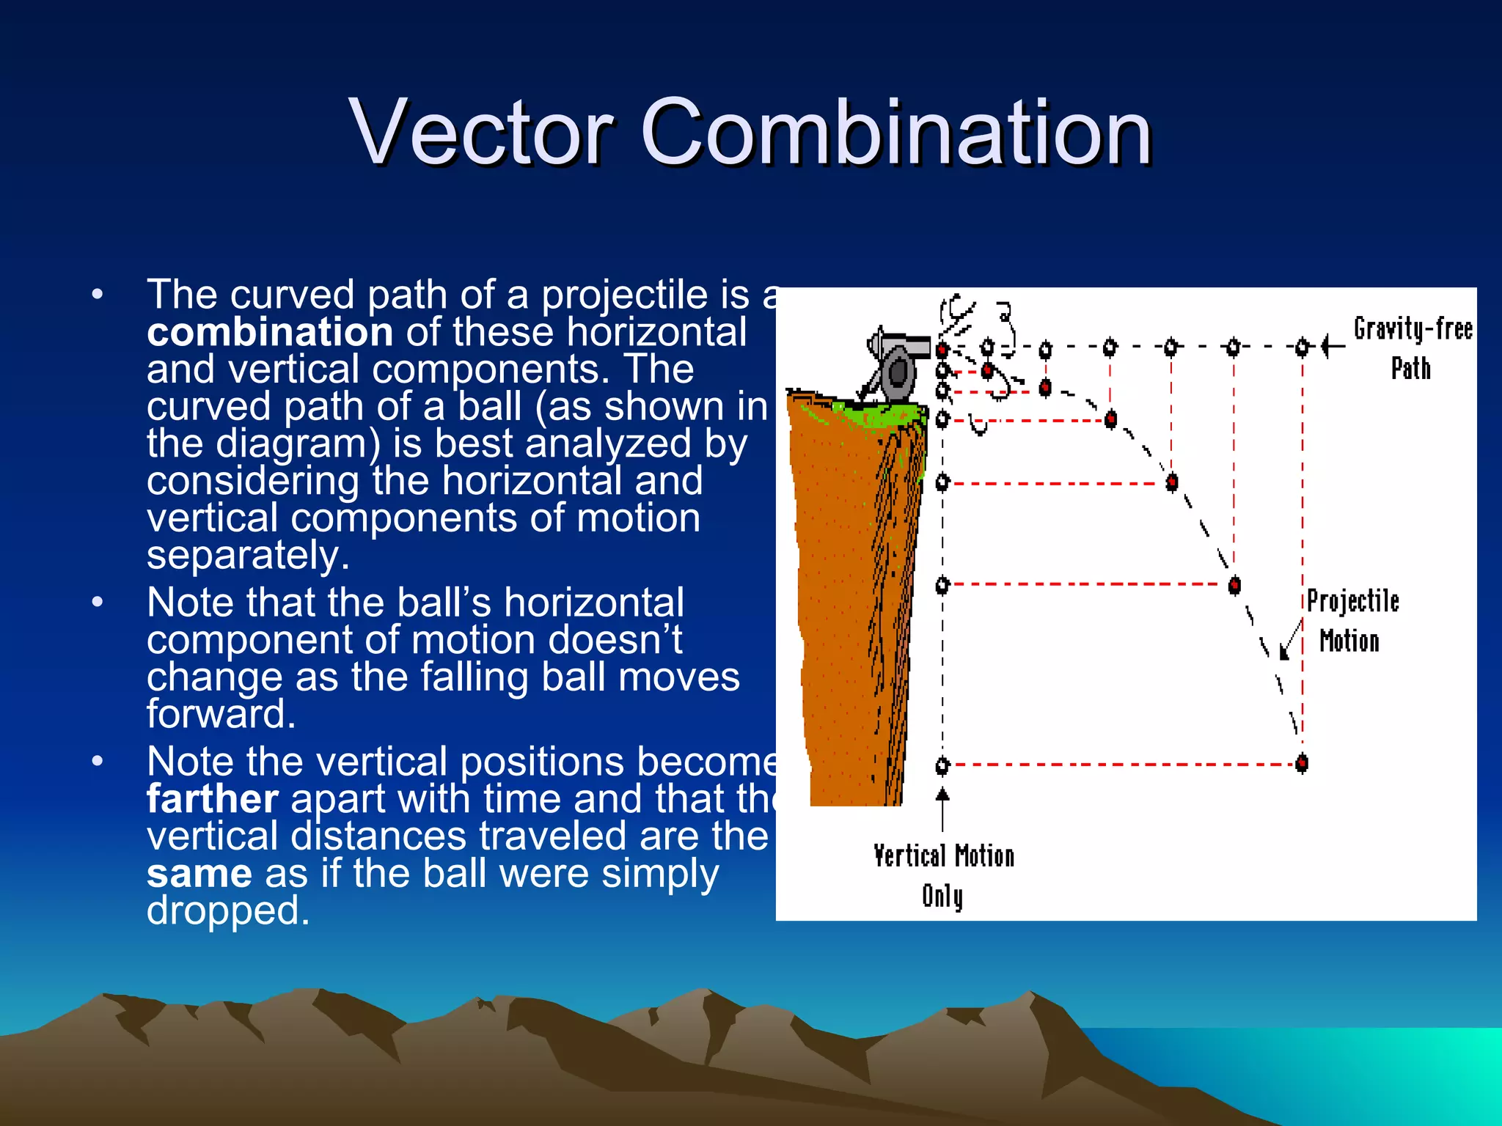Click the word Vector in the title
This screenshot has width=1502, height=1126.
480,133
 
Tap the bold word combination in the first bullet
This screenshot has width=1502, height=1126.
269,332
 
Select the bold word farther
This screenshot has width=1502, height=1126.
212,799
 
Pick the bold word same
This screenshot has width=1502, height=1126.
199,874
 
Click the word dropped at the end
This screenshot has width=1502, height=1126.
228,911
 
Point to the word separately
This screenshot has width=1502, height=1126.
248,556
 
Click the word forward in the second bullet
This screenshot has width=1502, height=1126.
221,714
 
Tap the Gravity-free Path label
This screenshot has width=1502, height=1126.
1412,348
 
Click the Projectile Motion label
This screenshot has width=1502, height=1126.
1352,621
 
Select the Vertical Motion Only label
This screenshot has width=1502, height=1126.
943,875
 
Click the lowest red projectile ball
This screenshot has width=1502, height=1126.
1302,763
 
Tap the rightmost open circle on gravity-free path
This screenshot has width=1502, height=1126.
1302,346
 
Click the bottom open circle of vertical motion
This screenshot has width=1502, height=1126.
942,766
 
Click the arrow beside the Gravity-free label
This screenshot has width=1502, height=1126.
1333,346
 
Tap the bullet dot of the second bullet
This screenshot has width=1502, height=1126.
98,603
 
